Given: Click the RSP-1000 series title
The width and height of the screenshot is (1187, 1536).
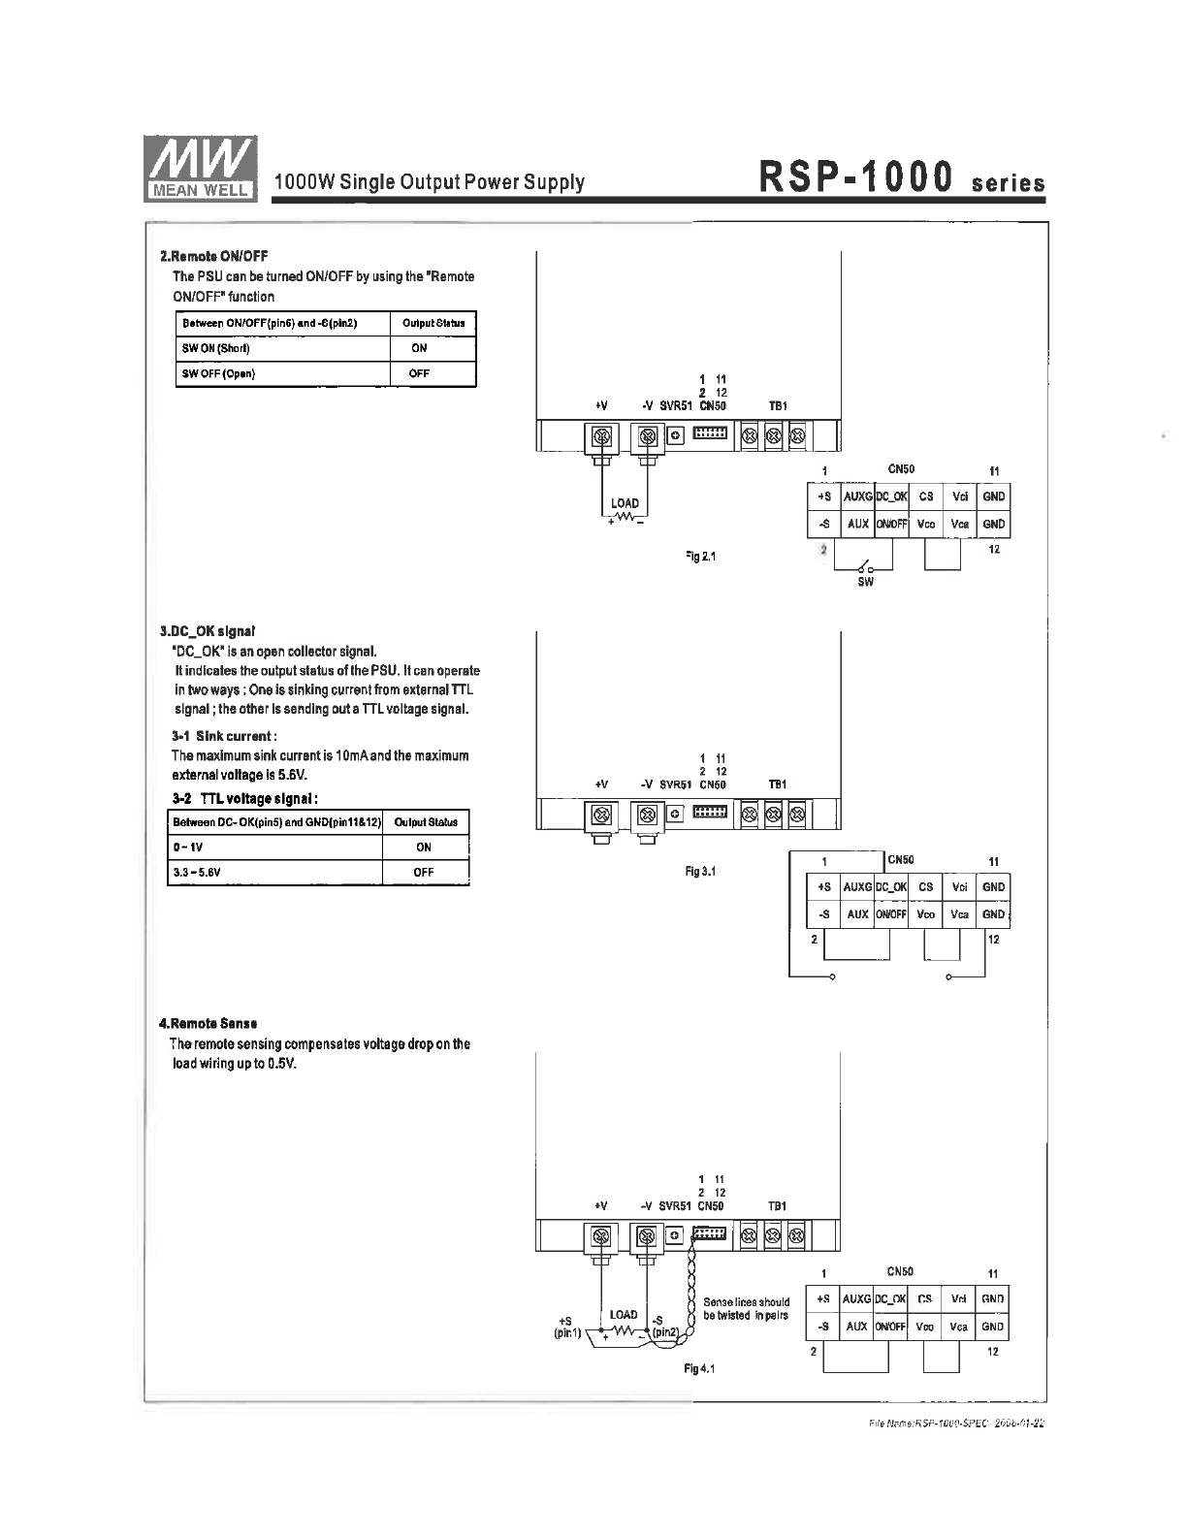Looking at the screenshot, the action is [901, 180].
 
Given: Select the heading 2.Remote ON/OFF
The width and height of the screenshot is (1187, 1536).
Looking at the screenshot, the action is [213, 257].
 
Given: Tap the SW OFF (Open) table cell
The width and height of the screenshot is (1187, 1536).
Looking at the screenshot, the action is [219, 373].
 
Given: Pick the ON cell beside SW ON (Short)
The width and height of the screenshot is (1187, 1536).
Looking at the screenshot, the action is [419, 348].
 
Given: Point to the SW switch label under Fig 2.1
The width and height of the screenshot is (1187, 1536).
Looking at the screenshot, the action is [865, 582].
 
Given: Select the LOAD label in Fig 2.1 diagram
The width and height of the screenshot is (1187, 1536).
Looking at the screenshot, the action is [625, 503].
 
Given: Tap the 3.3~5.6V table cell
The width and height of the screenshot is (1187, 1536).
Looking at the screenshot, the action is [198, 872].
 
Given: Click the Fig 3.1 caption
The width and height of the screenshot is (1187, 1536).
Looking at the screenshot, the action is [699, 872].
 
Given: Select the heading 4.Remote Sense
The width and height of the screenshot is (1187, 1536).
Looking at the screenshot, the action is [208, 1023].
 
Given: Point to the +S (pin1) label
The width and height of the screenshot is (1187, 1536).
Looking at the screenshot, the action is [566, 1327].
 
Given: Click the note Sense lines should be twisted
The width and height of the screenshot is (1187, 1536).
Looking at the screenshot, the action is [746, 1308].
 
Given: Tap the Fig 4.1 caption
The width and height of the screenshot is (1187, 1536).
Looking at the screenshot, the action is [698, 1368].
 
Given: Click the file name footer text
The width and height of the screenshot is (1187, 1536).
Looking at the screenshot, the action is [957, 1424].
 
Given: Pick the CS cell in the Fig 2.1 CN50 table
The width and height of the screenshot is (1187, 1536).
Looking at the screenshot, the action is [926, 496].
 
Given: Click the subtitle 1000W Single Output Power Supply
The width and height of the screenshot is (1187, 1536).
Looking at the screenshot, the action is [430, 182].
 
